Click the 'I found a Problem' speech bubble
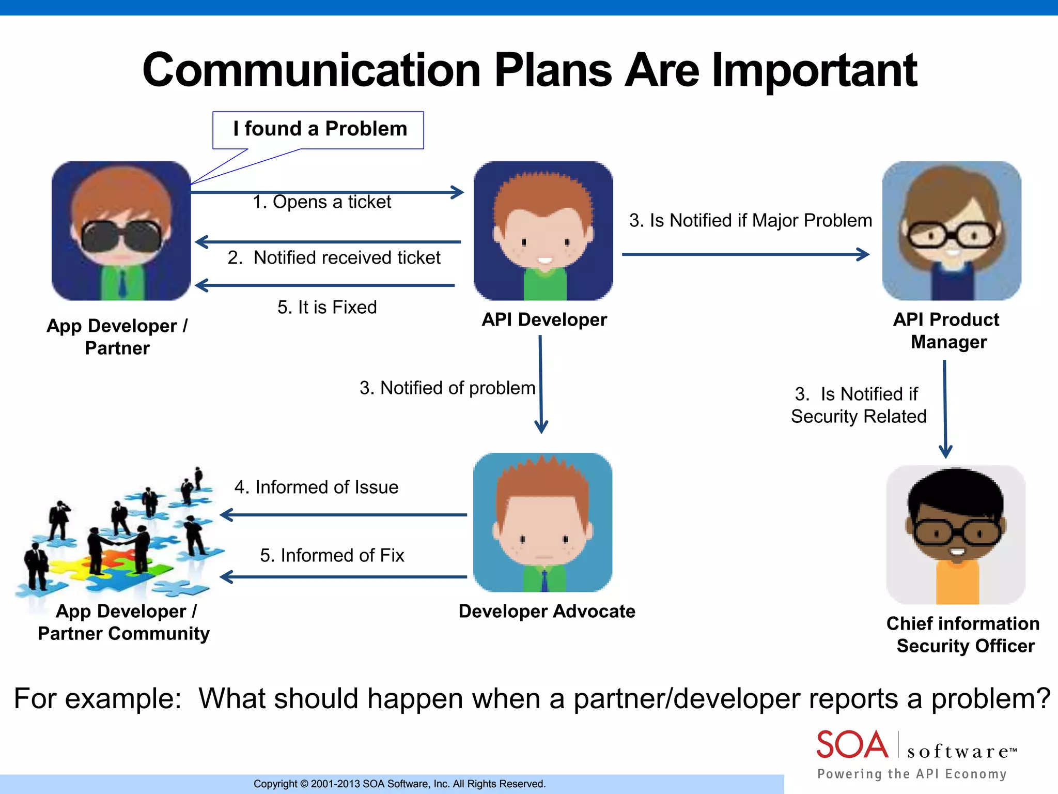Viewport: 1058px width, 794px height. click(x=319, y=130)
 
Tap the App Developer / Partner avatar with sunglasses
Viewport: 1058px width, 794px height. click(x=121, y=231)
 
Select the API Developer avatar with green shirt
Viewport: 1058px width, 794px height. click(x=543, y=231)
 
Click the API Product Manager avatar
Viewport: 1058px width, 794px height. click(x=952, y=231)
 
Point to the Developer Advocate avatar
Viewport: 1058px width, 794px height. click(x=542, y=523)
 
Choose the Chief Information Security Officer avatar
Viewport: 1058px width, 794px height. click(x=956, y=535)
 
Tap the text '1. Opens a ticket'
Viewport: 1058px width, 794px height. click(x=321, y=202)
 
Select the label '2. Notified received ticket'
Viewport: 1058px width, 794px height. click(x=334, y=257)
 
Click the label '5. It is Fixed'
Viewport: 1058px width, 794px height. click(x=327, y=307)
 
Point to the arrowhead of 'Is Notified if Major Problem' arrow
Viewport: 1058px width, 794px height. click(x=864, y=254)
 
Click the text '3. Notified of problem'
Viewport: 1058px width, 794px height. click(x=447, y=388)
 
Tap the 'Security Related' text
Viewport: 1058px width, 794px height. click(x=859, y=416)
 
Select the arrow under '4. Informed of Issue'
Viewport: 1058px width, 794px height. click(x=343, y=515)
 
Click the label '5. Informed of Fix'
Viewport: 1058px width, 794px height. click(x=332, y=555)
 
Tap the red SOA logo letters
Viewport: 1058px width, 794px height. click(x=852, y=745)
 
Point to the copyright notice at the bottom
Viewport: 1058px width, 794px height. click(x=399, y=784)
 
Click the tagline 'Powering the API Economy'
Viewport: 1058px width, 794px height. click(x=912, y=774)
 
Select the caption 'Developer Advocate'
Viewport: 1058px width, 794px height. click(x=547, y=612)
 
